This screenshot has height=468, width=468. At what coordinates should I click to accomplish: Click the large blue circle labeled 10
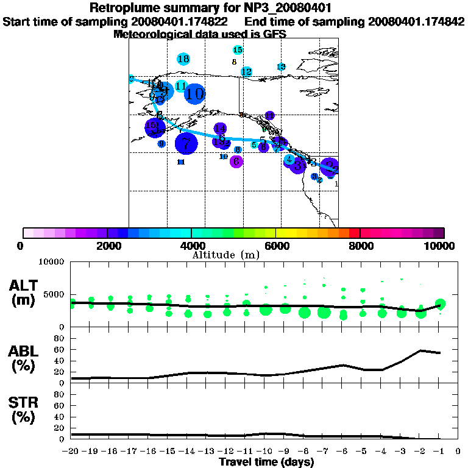coord(194,94)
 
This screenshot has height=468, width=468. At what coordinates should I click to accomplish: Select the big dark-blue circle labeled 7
coord(186,144)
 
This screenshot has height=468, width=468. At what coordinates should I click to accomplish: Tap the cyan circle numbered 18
coord(183,58)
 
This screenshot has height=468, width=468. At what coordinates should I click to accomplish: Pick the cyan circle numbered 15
coord(238,49)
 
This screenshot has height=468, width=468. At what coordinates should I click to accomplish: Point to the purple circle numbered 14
coord(220,129)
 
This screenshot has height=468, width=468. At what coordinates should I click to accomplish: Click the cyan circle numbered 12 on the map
coord(246,72)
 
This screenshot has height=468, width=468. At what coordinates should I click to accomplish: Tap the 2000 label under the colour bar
coord(107,246)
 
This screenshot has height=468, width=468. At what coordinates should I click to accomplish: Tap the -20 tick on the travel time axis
coord(71,452)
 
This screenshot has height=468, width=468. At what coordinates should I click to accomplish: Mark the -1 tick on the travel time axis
coord(438,452)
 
